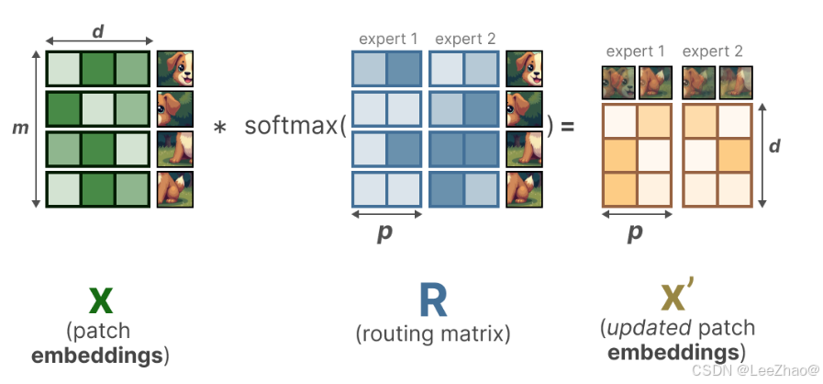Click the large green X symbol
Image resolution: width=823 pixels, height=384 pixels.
(x=102, y=299)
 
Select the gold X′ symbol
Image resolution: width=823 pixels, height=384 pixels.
(x=678, y=298)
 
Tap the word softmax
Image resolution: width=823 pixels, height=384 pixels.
(x=291, y=126)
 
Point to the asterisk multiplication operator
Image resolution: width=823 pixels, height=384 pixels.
(x=219, y=128)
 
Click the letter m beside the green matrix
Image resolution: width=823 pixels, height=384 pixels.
(x=17, y=128)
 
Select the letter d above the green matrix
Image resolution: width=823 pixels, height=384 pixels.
(x=97, y=31)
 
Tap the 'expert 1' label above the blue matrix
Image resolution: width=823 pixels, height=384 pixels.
(x=387, y=39)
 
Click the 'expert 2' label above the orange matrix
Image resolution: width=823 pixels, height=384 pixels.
(x=713, y=51)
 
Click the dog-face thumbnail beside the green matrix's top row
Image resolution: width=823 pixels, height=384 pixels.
(x=174, y=70)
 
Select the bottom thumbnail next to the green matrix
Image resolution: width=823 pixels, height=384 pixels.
(x=174, y=189)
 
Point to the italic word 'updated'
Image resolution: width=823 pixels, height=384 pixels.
(x=647, y=327)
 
